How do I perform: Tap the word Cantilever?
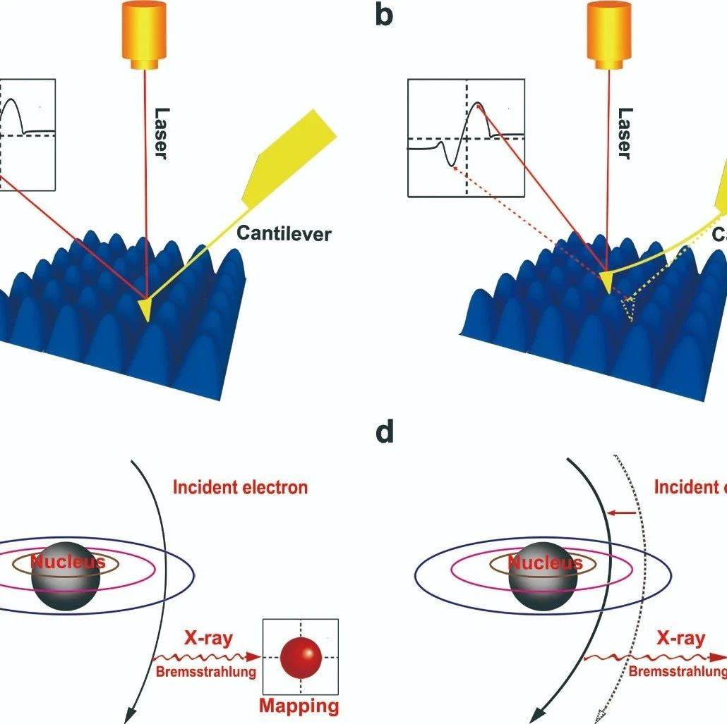(284, 233)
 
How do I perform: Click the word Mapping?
(299, 706)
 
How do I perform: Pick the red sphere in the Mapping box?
(301, 657)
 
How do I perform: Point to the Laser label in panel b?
(623, 133)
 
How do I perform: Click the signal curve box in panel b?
(466, 137)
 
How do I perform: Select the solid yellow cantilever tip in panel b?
(605, 281)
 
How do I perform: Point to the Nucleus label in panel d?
(546, 563)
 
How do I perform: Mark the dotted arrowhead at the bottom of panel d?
(601, 716)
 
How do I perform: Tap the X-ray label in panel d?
(680, 639)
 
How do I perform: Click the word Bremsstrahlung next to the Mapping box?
(205, 672)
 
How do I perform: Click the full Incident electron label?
(240, 487)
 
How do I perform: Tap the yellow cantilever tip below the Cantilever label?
(146, 308)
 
